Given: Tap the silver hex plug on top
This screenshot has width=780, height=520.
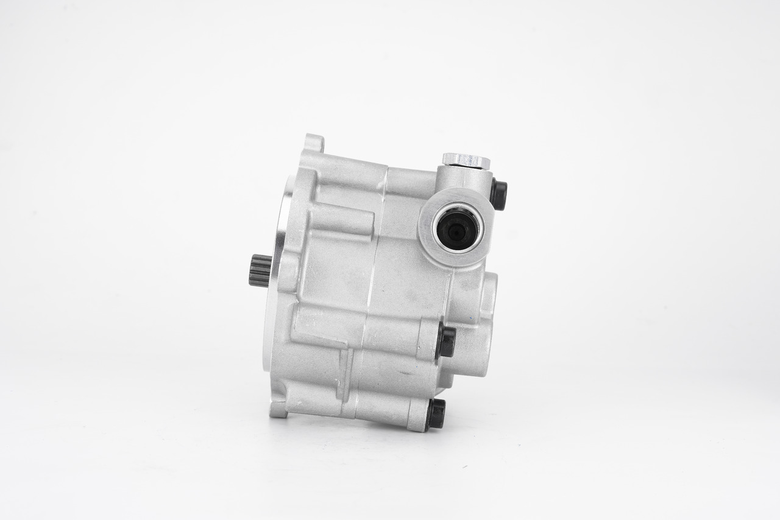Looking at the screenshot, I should click(x=466, y=160).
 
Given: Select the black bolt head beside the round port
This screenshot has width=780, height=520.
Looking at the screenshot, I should click(x=498, y=195).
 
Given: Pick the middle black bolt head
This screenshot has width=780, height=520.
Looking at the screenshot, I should click(x=446, y=342).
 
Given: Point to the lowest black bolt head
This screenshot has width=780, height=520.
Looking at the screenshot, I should click(x=436, y=414).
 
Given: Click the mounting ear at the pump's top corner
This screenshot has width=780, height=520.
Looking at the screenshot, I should click(x=314, y=142).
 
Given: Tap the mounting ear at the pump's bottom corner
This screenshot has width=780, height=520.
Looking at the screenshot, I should click(x=278, y=409).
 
